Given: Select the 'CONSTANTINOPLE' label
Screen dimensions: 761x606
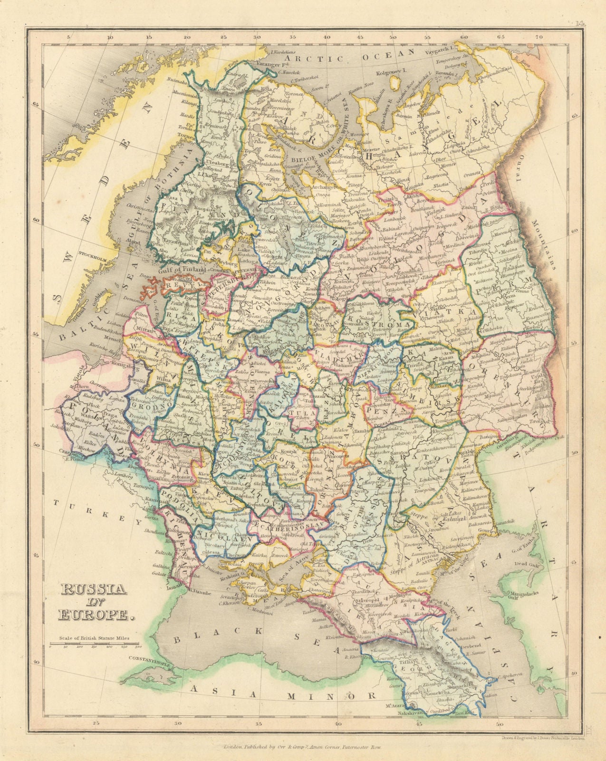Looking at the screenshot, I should click(x=149, y=659).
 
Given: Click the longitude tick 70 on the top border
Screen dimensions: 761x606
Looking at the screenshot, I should click(x=538, y=36).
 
